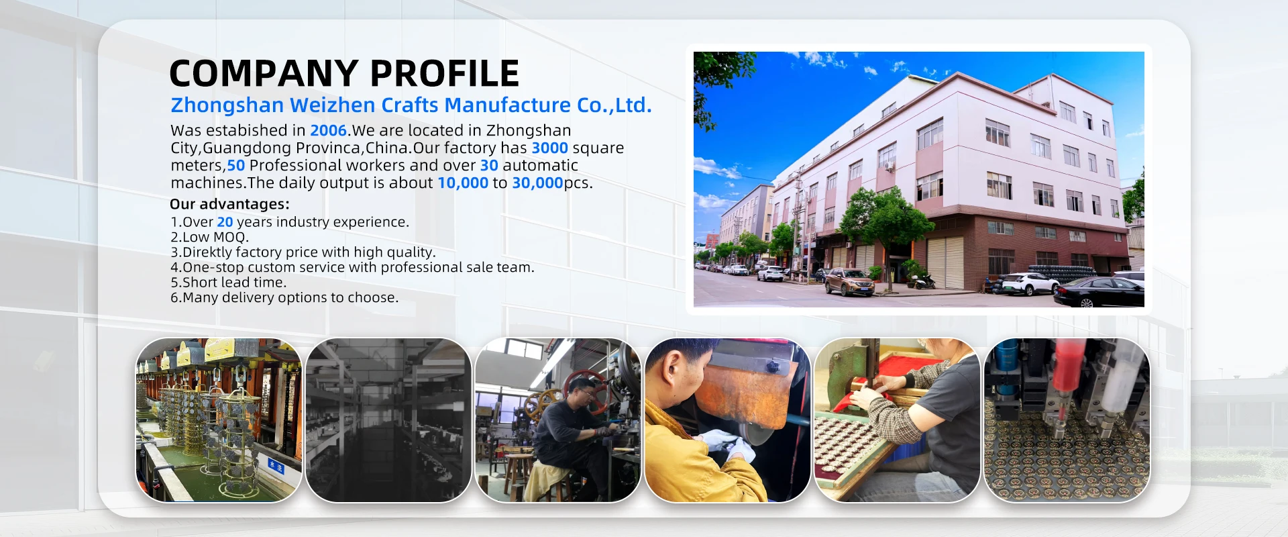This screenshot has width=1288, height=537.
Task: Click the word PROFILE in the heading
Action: tap(444, 73)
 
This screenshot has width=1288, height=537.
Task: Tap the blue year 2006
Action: tap(329, 130)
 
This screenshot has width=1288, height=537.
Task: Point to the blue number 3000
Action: tap(549, 148)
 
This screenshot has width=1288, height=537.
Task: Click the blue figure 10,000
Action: tap(463, 183)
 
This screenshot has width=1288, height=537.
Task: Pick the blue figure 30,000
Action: tap(537, 183)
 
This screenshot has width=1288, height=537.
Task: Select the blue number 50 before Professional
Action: tap(236, 165)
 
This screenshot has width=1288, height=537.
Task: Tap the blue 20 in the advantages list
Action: tap(225, 222)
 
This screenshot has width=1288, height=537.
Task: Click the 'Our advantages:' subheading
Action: tap(229, 204)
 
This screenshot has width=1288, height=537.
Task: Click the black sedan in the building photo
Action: tap(1098, 292)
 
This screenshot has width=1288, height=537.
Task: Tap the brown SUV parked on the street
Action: tap(849, 282)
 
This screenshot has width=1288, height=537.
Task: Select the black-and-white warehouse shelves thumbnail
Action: tap(388, 420)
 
